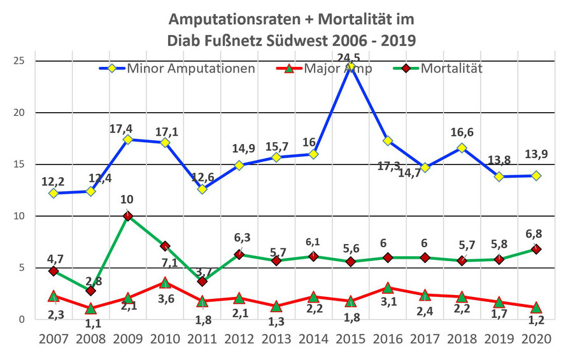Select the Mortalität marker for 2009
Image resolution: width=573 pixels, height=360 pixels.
point(127,216)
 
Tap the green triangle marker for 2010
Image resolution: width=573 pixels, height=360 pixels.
point(165,282)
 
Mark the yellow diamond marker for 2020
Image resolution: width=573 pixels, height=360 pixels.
point(537,176)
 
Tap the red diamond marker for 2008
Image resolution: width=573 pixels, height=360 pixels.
point(90,291)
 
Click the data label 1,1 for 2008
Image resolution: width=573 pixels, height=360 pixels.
point(93,324)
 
